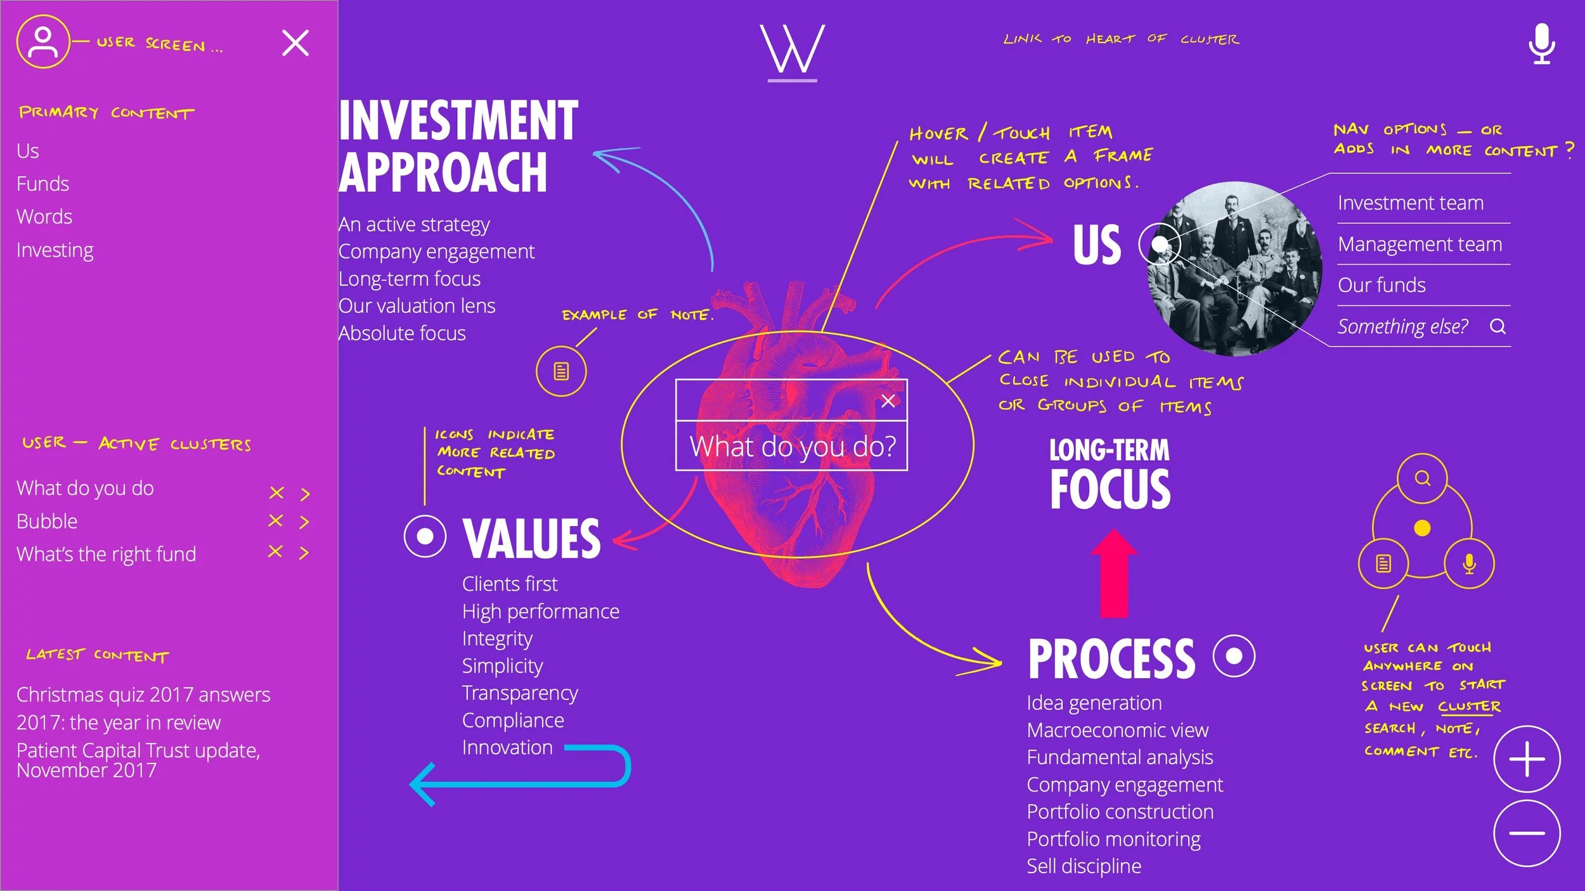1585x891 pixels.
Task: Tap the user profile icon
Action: click(42, 42)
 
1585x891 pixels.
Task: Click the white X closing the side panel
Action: click(295, 43)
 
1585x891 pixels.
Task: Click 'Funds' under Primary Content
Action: click(42, 184)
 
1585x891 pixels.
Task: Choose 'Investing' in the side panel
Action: click(55, 250)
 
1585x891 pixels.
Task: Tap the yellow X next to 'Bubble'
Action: click(275, 521)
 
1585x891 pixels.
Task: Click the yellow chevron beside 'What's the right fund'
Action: click(304, 553)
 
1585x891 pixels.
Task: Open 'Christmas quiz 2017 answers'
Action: click(143, 695)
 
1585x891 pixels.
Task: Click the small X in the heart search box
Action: click(888, 401)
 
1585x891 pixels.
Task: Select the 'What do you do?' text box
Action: click(792, 447)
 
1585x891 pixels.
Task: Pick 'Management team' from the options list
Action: click(1420, 244)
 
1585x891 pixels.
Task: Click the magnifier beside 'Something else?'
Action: click(1498, 326)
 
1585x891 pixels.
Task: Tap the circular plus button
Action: click(1527, 759)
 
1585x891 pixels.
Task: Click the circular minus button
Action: click(1527, 833)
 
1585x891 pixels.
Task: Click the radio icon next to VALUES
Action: click(425, 536)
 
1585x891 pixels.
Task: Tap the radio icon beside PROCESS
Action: click(1234, 656)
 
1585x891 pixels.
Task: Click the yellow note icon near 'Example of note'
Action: click(561, 371)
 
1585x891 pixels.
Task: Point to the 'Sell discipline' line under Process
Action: click(1084, 866)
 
